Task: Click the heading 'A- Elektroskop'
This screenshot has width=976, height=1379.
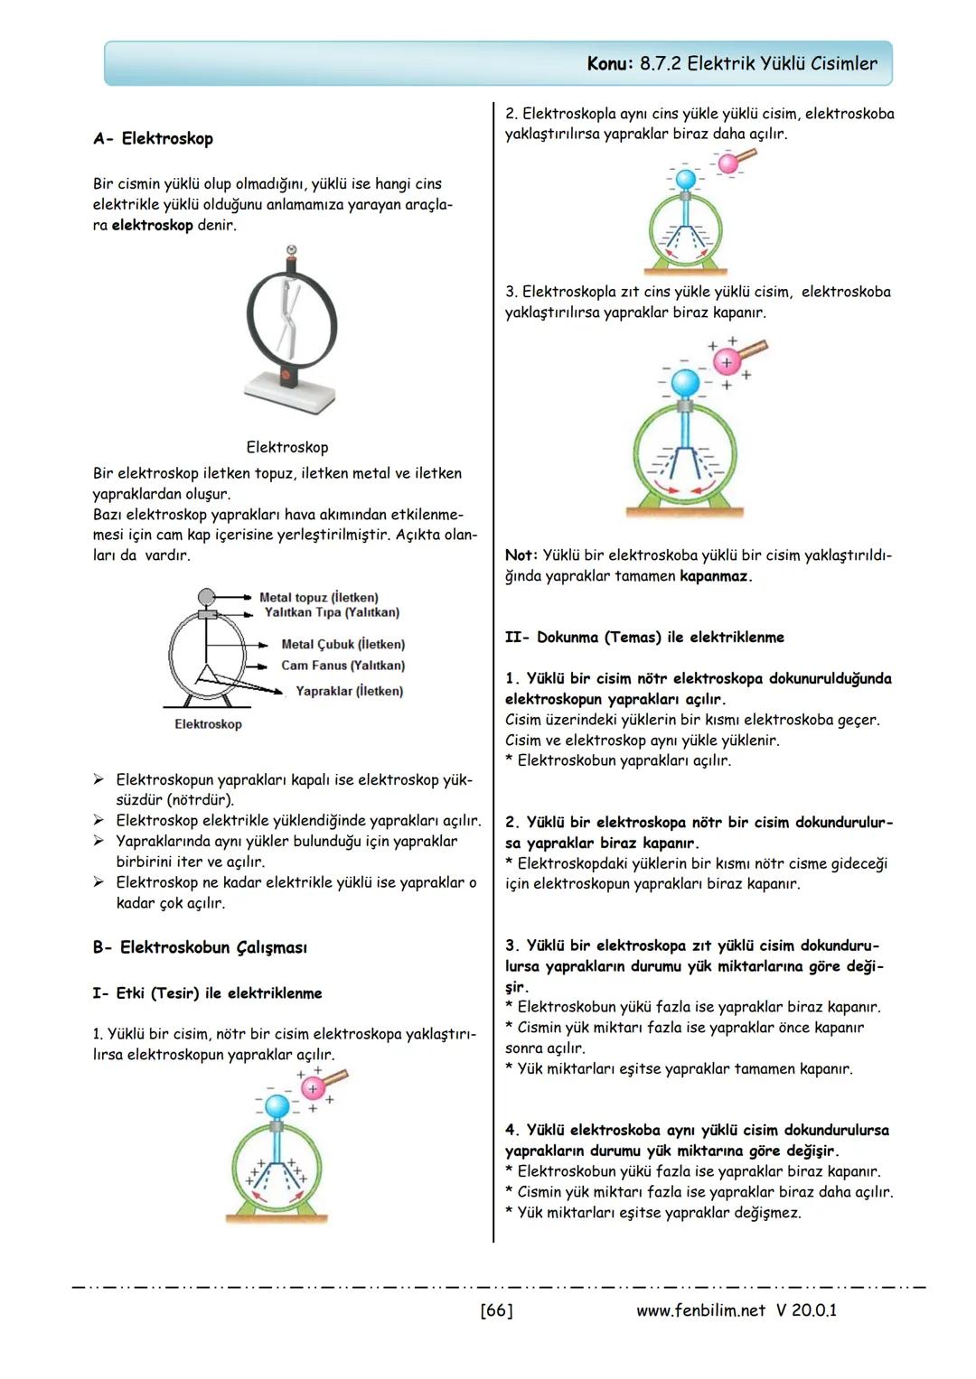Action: [153, 139]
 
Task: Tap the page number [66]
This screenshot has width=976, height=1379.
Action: [496, 1310]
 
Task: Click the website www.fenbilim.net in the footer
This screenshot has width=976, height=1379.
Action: [700, 1310]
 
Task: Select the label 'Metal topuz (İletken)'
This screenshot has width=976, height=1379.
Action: [318, 598]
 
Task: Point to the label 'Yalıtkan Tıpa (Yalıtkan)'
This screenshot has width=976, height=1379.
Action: [331, 612]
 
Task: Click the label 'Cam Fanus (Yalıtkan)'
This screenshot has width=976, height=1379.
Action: [343, 666]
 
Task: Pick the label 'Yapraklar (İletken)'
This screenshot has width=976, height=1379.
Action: [349, 691]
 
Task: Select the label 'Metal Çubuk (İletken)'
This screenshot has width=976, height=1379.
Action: [343, 645]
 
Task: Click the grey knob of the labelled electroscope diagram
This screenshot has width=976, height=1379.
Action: [207, 597]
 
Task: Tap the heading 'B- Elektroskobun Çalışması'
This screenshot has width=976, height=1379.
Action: [200, 948]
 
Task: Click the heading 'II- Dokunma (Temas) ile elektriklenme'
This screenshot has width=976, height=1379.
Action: [644, 638]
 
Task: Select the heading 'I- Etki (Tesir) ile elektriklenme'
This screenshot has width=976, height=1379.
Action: [207, 993]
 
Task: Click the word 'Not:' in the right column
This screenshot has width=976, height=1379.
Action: [521, 555]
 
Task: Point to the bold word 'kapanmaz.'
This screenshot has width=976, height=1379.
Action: [716, 576]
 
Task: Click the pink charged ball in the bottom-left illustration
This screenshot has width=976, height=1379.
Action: [313, 1088]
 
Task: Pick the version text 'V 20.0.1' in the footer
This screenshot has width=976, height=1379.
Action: [806, 1310]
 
